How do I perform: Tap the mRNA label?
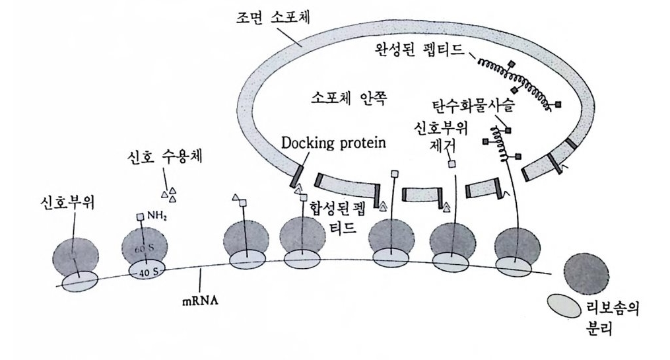pyautogui.click(x=198, y=299)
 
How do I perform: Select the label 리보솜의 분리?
pyautogui.click(x=613, y=317)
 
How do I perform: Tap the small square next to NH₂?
pyautogui.click(x=140, y=217)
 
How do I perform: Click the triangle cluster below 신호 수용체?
pyautogui.click(x=170, y=194)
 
